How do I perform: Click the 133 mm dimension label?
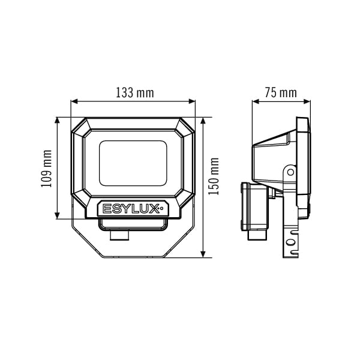click(x=135, y=93)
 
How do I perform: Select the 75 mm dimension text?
click(x=281, y=93)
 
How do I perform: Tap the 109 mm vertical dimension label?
click(x=46, y=169)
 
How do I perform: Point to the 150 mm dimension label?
click(x=214, y=176)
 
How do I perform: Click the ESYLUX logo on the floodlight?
click(x=131, y=209)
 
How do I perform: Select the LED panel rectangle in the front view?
click(x=133, y=163)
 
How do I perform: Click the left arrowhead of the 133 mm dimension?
click(x=74, y=101)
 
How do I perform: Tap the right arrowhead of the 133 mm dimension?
click(x=192, y=101)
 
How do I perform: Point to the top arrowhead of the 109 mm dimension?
click(x=57, y=121)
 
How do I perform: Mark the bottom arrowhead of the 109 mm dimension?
click(x=57, y=215)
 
